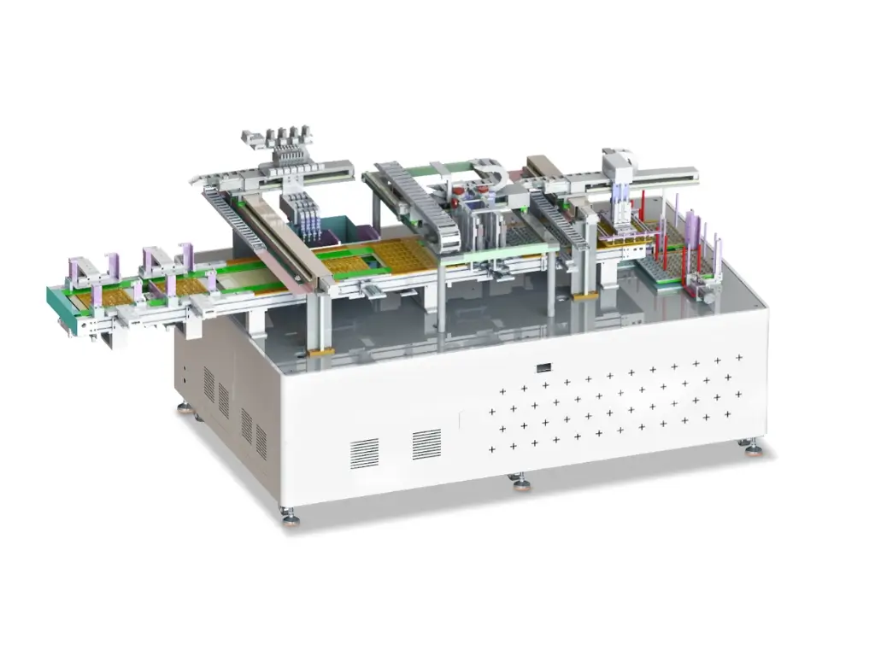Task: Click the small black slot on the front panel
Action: coord(543,368)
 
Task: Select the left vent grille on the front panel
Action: coord(364,453)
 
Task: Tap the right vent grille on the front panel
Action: coord(426,444)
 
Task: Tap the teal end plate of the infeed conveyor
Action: coord(60,304)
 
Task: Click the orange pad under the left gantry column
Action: coord(320,351)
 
